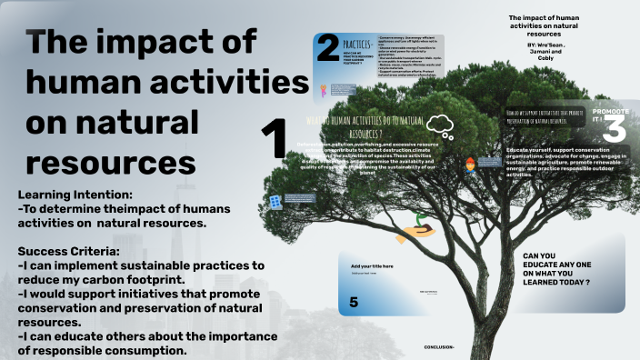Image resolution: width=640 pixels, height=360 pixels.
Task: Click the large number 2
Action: click(328, 51)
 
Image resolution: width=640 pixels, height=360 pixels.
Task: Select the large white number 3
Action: click(615, 130)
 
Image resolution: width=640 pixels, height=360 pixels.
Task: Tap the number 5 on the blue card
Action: click(354, 302)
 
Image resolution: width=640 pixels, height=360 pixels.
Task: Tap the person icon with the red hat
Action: click(470, 165)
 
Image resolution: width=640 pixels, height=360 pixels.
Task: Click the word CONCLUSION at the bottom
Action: click(440, 347)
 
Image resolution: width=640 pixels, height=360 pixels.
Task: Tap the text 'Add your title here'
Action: click(373, 265)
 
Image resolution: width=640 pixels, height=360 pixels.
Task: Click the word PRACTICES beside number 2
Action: click(356, 43)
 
